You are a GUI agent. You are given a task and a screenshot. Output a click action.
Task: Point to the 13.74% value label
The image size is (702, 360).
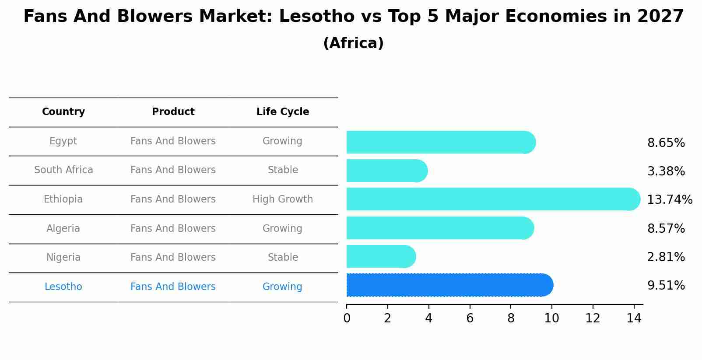click(669, 200)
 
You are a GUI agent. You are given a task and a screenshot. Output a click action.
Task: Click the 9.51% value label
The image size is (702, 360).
click(666, 286)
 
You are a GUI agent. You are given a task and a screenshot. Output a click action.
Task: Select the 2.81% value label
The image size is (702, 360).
click(666, 257)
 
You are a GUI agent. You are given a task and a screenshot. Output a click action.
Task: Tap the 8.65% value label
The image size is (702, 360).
click(666, 143)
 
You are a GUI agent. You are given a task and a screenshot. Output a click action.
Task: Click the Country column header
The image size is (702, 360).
click(63, 112)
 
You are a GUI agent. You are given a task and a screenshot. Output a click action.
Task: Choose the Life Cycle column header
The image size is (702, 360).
click(283, 112)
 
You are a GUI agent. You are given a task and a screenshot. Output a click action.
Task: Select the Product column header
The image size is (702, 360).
click(173, 112)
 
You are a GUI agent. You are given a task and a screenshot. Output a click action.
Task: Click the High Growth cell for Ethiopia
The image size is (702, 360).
click(283, 199)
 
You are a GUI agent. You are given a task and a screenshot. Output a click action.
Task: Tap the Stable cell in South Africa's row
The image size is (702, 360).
click(283, 170)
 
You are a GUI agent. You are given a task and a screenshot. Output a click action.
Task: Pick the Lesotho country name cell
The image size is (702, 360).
click(63, 287)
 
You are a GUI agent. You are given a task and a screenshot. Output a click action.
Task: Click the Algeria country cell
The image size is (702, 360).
click(63, 229)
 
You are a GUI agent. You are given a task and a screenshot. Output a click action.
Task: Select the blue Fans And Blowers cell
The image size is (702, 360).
click(173, 287)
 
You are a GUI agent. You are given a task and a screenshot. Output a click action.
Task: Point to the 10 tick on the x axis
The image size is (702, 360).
click(551, 318)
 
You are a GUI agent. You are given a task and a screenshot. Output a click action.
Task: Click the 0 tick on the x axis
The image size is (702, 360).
click(347, 318)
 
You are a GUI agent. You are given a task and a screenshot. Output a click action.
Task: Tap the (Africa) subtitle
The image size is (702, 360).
click(353, 43)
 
